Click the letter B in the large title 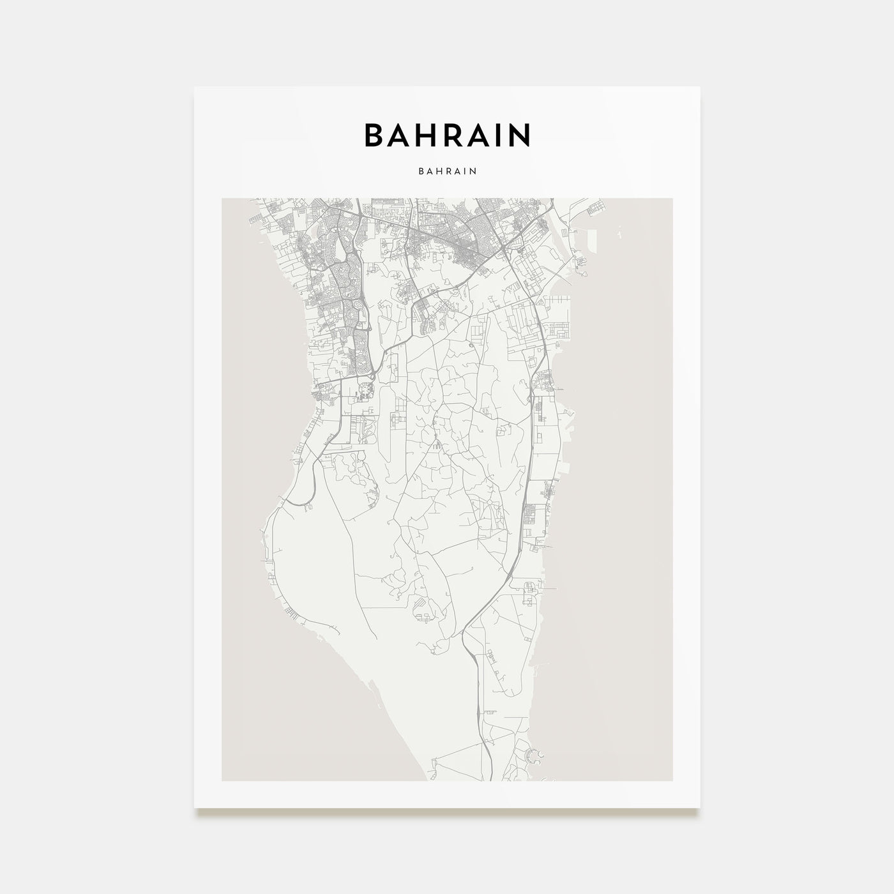[x=374, y=135]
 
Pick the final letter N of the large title [x=519, y=135]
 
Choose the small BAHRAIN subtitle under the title [x=448, y=171]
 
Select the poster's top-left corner [x=195, y=87]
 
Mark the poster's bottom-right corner [x=701, y=807]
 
